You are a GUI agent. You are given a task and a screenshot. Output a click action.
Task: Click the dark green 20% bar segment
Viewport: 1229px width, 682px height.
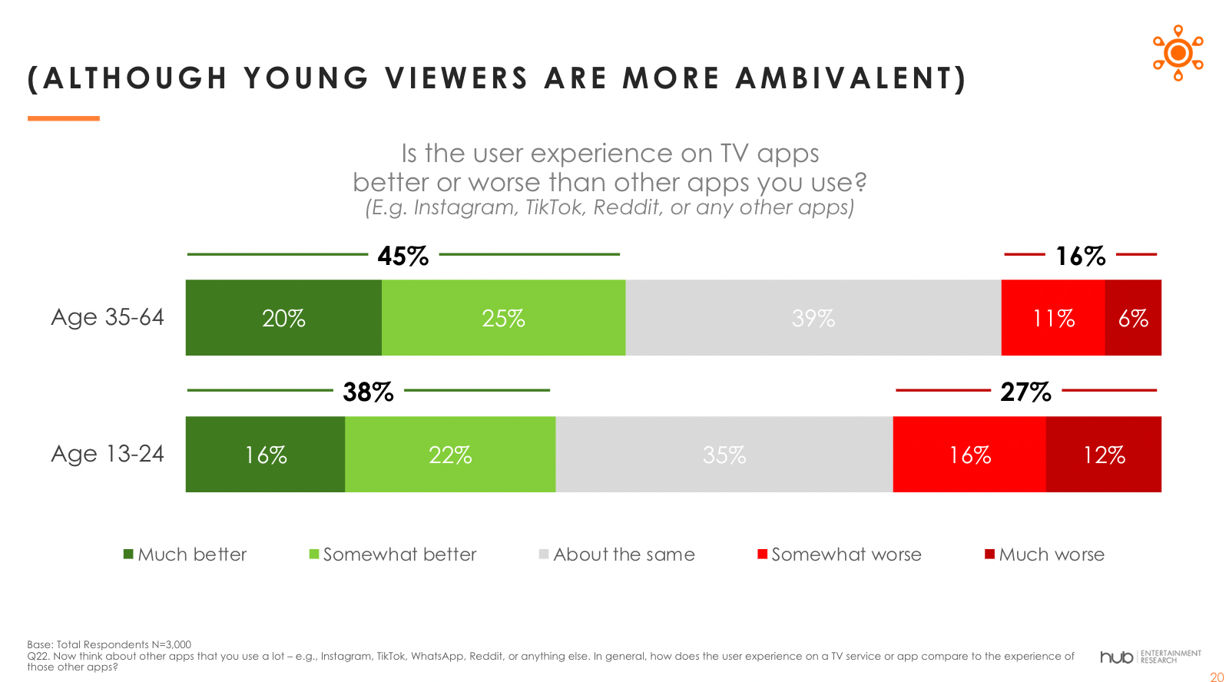tap(283, 318)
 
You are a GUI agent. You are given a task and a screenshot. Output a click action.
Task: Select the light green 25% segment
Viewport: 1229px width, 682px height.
tap(504, 318)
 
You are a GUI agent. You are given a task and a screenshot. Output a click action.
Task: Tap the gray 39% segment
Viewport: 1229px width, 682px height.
tap(813, 318)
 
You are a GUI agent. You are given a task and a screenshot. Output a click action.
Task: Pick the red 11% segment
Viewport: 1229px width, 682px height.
tap(1053, 318)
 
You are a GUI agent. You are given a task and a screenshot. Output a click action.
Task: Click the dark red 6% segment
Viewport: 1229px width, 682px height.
tap(1133, 318)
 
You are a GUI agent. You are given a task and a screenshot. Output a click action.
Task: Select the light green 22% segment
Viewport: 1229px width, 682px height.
tap(450, 455)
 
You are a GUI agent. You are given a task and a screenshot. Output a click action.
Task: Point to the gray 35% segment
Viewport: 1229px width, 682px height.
tap(724, 455)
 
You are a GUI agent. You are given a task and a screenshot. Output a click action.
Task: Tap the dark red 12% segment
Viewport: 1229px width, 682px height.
tap(1104, 455)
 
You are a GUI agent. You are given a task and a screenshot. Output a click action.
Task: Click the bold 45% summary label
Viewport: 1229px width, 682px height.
tap(403, 257)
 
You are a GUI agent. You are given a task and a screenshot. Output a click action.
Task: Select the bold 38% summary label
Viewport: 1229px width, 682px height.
tap(368, 392)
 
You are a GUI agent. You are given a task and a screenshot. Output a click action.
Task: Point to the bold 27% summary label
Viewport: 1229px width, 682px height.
tap(1025, 392)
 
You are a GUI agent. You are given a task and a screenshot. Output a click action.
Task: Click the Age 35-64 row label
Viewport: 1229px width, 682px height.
tap(108, 317)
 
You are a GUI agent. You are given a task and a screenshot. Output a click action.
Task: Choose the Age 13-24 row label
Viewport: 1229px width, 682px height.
tap(108, 454)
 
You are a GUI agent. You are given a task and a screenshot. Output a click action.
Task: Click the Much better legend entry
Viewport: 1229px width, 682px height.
tap(185, 555)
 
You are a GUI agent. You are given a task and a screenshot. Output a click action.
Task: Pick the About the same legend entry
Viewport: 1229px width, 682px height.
tap(618, 555)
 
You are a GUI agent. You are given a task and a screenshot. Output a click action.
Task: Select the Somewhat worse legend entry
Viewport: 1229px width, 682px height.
tap(840, 555)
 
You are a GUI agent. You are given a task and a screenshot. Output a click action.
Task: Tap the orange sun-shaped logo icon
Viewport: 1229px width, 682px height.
tap(1178, 53)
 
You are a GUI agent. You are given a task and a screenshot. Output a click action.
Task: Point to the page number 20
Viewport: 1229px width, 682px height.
tap(1217, 677)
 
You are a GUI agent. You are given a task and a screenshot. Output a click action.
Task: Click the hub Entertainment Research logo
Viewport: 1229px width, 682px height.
tap(1151, 657)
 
